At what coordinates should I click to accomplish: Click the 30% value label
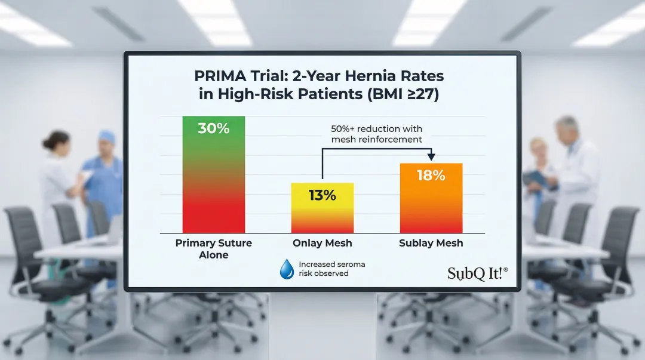pyautogui.click(x=213, y=128)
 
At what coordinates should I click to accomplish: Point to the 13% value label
pyautogui.click(x=322, y=195)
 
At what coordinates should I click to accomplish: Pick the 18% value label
pyautogui.click(x=431, y=176)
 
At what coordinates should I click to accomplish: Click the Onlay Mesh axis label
pyautogui.click(x=322, y=243)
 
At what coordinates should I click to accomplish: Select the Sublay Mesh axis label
pyautogui.click(x=431, y=243)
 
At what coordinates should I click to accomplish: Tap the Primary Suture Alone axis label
pyautogui.click(x=213, y=249)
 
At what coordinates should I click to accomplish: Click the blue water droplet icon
pyautogui.click(x=287, y=269)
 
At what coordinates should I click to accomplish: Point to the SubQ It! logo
pyautogui.click(x=478, y=273)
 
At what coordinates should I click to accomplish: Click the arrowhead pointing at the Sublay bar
pyautogui.click(x=431, y=157)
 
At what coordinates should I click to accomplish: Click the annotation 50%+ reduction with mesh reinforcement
pyautogui.click(x=376, y=134)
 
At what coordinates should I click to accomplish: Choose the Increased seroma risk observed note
pyautogui.click(x=331, y=269)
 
